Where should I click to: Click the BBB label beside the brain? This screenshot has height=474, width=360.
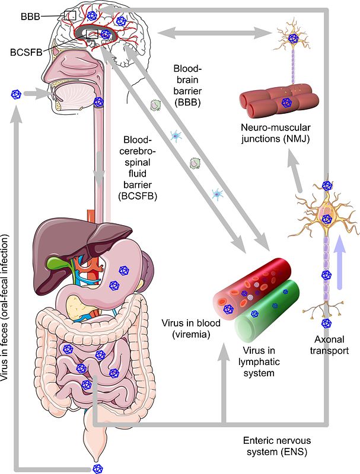click(x=30, y=17)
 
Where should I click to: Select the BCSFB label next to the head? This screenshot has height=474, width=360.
click(x=26, y=52)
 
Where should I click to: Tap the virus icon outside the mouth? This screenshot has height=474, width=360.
click(x=16, y=94)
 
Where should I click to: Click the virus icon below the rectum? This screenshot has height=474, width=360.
click(x=97, y=468)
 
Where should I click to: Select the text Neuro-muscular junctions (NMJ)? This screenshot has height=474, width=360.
click(x=275, y=133)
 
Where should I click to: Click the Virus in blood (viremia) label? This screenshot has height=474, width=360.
click(x=191, y=329)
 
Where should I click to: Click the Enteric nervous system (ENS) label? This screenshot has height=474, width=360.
click(x=277, y=446)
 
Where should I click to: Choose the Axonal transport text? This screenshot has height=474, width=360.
click(x=329, y=345)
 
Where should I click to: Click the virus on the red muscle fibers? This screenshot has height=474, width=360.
click(x=285, y=103)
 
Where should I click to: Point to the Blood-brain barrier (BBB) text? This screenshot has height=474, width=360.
click(x=187, y=85)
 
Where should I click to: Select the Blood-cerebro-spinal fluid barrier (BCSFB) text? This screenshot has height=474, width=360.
click(x=138, y=168)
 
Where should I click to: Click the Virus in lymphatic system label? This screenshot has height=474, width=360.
click(x=259, y=361)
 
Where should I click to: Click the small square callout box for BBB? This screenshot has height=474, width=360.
click(x=70, y=15)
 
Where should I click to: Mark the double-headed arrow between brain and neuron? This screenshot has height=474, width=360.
click(x=213, y=33)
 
